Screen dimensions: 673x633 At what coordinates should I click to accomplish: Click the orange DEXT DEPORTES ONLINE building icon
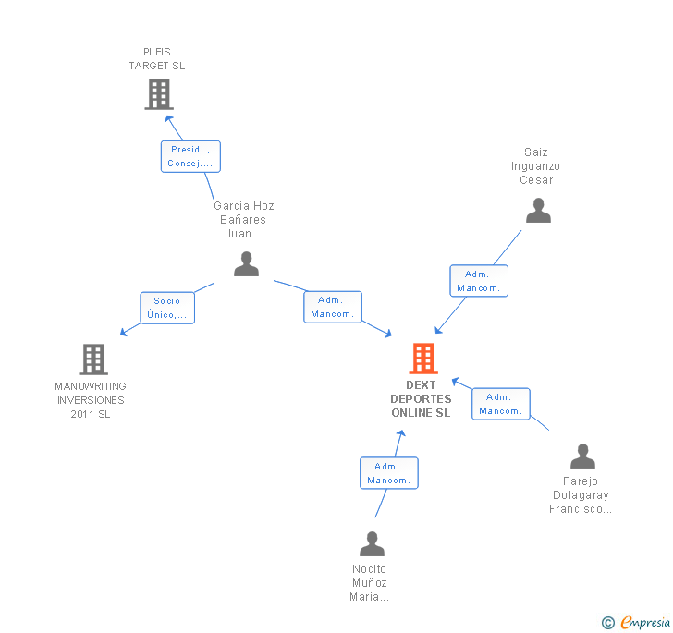point(422,358)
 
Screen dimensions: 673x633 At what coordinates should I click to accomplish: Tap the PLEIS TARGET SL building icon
point(159,93)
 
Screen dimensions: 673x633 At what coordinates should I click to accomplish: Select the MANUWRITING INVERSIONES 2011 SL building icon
point(93,359)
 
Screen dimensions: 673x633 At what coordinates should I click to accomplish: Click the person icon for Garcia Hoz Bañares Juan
point(246,264)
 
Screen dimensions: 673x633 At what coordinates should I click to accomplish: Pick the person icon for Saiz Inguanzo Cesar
point(538,211)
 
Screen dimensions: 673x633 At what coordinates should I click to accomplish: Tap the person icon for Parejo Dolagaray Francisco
point(582,456)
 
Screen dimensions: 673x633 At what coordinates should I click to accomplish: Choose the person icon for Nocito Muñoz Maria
point(372,543)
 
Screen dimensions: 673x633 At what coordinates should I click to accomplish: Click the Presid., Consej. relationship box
point(190,156)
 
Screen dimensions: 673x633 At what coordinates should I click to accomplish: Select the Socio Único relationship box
point(167,308)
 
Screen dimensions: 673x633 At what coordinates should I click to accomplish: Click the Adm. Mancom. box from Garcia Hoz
point(333,307)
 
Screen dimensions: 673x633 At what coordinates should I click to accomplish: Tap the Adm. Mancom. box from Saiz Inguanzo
point(479,281)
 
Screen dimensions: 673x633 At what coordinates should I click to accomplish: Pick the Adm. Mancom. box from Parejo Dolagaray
point(501,404)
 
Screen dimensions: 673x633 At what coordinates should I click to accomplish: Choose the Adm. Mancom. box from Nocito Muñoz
point(389,473)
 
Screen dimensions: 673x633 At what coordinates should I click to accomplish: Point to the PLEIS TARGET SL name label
point(157,59)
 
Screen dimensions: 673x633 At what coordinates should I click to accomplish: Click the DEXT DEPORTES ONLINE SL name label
point(422,399)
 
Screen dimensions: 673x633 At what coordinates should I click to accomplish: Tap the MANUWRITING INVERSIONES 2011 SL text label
point(91,400)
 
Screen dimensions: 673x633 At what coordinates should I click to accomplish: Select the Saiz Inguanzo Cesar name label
point(536,166)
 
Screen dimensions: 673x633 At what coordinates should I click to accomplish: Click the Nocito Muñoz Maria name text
point(370,583)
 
